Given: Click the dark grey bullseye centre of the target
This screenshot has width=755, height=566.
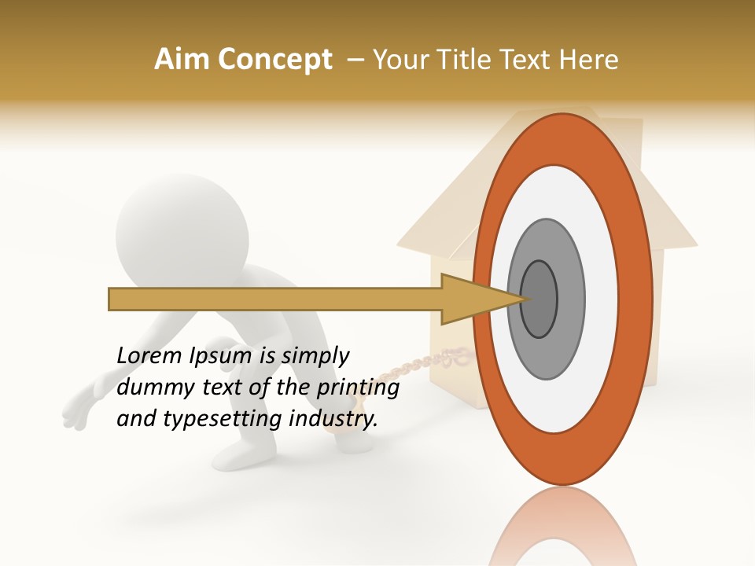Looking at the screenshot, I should point(540,299).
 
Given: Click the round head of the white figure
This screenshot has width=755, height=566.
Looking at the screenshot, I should point(182,228).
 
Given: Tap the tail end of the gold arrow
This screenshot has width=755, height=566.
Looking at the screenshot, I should point(112,300).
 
